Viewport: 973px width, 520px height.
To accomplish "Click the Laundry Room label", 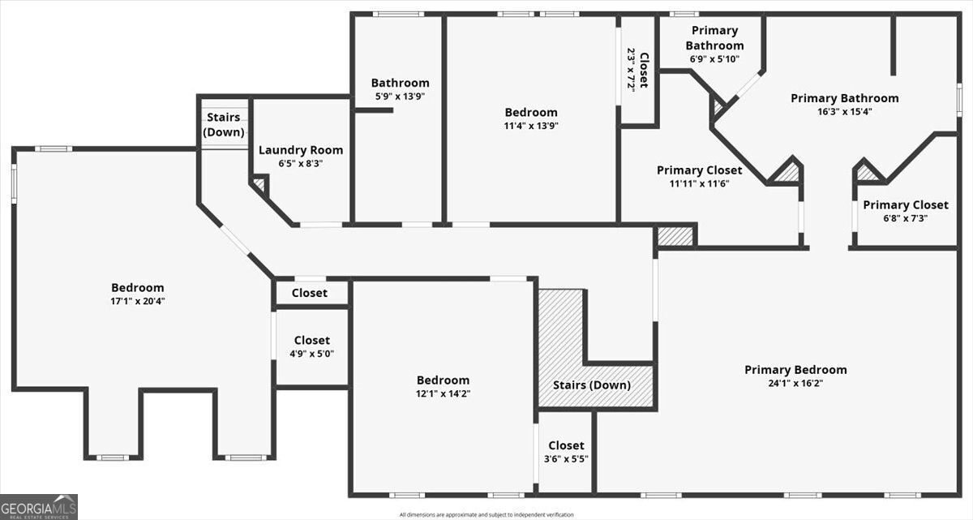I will click(301, 150).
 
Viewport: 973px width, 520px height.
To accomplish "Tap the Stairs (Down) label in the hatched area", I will click(591, 385).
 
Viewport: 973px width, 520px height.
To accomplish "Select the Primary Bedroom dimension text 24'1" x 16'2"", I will click(795, 383).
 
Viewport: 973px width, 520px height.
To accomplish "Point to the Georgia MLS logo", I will click(39, 506).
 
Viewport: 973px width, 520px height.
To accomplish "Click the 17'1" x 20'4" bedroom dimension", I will click(137, 301).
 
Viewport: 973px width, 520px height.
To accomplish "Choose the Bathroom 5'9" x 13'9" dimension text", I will click(400, 96).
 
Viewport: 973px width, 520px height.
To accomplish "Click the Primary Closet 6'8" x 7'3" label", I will click(905, 218).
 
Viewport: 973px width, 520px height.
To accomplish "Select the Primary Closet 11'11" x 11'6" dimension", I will click(699, 184).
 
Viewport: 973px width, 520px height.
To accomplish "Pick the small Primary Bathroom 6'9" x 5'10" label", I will click(714, 59).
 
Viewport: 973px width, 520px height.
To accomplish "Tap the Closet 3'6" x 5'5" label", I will click(566, 458).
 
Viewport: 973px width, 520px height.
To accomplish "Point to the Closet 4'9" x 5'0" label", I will click(312, 354).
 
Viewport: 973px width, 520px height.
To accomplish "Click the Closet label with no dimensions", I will click(310, 293).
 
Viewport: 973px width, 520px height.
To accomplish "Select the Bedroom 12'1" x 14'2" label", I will click(443, 380).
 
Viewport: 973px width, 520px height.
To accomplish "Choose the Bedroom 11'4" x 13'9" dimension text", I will click(531, 126).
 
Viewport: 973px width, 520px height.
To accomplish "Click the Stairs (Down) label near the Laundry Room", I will click(223, 125).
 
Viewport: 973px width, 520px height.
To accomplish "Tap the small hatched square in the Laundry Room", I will click(259, 184).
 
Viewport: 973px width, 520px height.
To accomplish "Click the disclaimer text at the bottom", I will click(486, 514).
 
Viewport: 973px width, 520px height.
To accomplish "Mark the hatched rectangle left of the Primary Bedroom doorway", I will click(675, 236).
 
